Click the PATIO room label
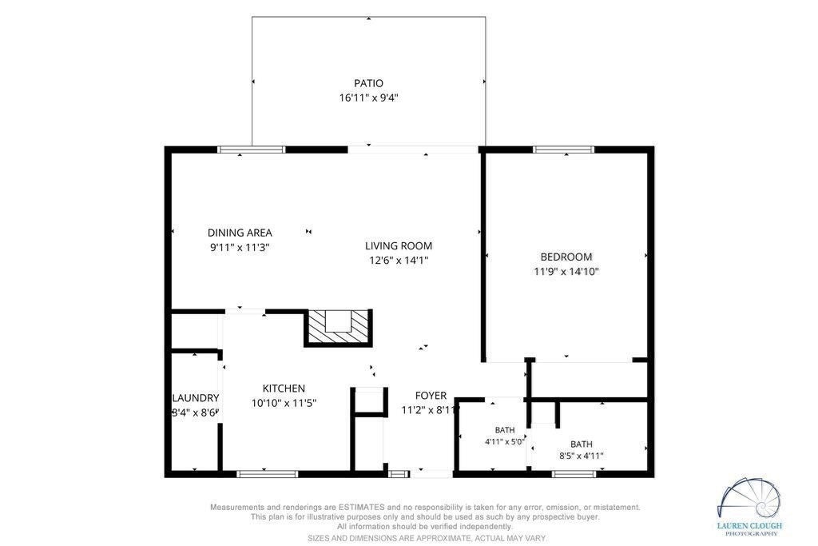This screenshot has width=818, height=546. pos(368,83)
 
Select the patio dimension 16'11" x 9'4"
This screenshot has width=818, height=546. pos(368,98)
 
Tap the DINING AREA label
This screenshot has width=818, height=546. pos(240,233)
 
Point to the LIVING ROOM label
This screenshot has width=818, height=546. pos(398,246)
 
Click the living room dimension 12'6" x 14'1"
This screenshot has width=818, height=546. pos(399,261)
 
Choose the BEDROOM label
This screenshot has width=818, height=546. pos(566,257)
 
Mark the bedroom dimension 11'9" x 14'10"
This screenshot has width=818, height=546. pos(566,272)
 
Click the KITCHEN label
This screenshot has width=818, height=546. pos(284,389)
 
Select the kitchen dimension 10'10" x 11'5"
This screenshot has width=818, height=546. pos(284,403)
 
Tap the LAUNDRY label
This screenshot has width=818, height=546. pos(196,398)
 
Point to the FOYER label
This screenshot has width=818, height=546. pos(431,396)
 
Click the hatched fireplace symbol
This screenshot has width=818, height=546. pos(338,327)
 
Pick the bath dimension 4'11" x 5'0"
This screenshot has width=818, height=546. pos(505,441)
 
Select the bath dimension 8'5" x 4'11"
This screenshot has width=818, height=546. pos(582,456)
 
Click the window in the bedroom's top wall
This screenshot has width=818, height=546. pos(563,149)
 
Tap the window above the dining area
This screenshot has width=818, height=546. pos(252,149)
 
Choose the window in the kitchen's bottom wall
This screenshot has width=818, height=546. pos(267,474)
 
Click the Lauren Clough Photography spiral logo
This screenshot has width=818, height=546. pos(749,500)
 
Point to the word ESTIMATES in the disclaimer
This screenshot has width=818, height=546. pos(362,507)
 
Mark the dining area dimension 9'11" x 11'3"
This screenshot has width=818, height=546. pos(240,248)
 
